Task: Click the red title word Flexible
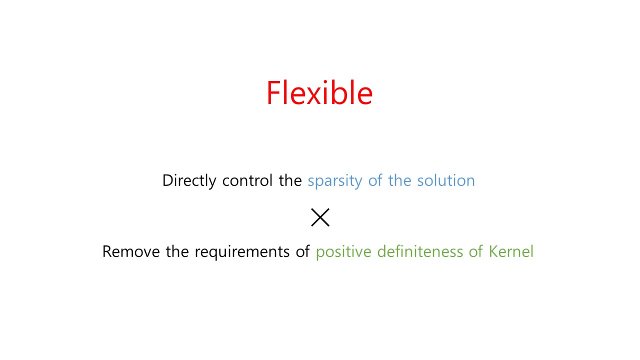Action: click(319, 92)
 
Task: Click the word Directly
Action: click(189, 181)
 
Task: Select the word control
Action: click(247, 180)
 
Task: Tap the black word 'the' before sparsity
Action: click(290, 180)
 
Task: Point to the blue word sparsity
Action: click(335, 181)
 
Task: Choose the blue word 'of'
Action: click(375, 180)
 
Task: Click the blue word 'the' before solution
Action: click(399, 180)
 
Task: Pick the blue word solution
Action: click(446, 180)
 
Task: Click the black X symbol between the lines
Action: click(320, 217)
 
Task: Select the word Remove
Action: click(131, 251)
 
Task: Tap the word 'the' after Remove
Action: click(177, 251)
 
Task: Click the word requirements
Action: click(242, 252)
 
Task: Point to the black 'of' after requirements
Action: click(302, 251)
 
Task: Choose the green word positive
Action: click(343, 252)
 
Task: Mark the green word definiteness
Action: click(420, 251)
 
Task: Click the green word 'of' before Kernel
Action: click(475, 251)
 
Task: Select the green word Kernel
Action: click(511, 251)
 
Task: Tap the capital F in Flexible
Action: click(273, 92)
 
